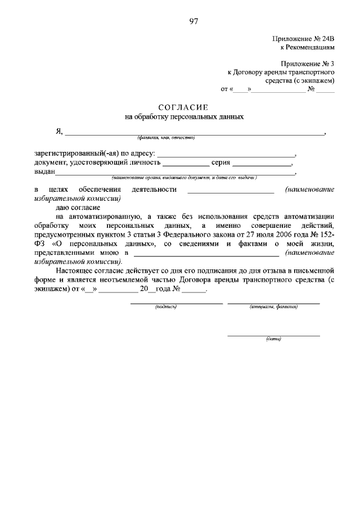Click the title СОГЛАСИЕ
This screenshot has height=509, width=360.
pyautogui.click(x=183, y=107)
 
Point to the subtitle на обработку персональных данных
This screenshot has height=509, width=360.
pyautogui.click(x=184, y=117)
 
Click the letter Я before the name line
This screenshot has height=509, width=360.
pyautogui.click(x=58, y=132)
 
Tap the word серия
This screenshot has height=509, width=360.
pyautogui.click(x=220, y=163)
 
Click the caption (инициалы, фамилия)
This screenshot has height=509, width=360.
pyautogui.click(x=273, y=307)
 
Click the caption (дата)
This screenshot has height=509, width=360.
pyautogui.click(x=273, y=339)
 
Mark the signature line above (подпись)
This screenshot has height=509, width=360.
pyautogui.click(x=177, y=303)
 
